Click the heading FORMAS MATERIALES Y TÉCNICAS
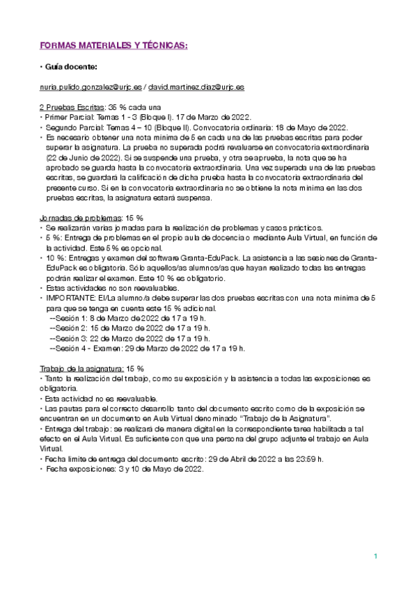112,45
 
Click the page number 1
375,556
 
